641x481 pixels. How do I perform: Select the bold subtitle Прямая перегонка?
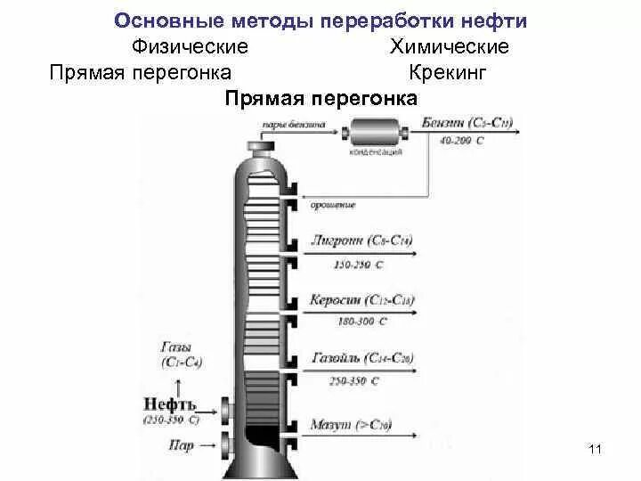point(321,98)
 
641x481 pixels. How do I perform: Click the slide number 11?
point(596,449)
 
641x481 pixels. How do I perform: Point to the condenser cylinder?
point(376,135)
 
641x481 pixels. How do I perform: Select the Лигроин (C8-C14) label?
point(361,240)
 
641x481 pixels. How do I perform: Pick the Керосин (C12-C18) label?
point(361,300)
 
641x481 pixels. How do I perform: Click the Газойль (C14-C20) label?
point(361,360)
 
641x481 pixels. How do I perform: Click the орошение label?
point(333,205)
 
